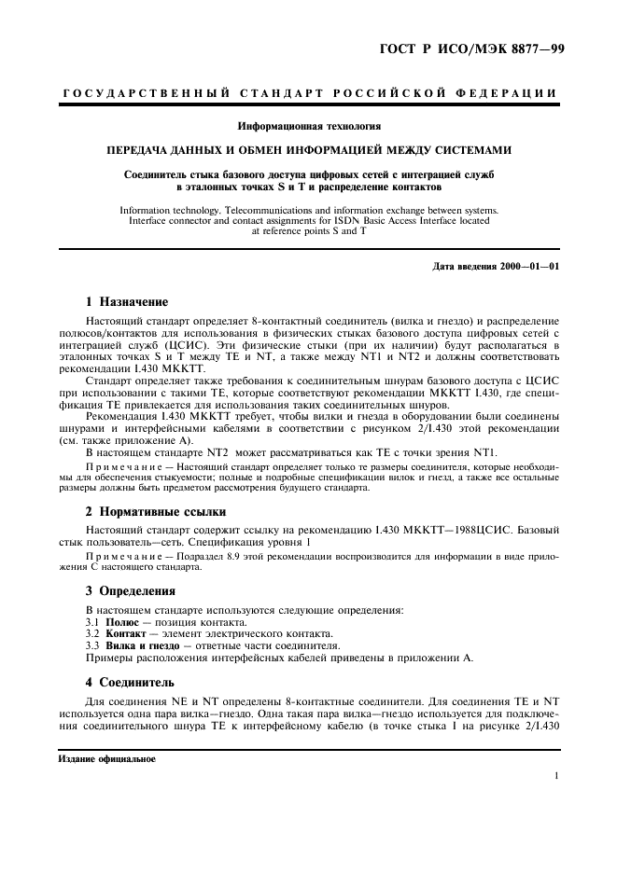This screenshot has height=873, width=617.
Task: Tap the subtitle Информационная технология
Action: [308, 123]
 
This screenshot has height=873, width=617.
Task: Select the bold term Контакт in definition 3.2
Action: [128, 633]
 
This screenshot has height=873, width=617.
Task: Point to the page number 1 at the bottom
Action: [555, 775]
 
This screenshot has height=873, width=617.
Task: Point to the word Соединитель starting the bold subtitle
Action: [158, 174]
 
